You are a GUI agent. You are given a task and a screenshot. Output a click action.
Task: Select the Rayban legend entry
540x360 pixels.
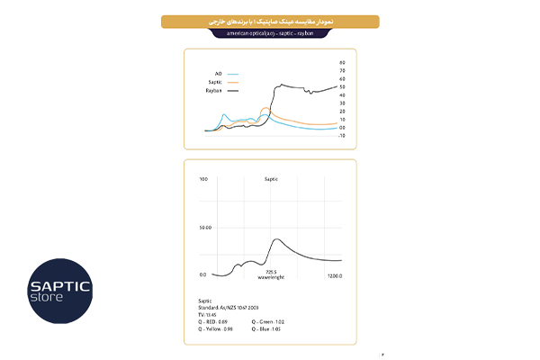coord(215,91)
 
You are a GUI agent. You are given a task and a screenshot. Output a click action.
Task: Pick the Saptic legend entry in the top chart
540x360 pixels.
coord(216,81)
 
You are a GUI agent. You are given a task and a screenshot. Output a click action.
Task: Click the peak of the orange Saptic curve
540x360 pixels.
coord(265,109)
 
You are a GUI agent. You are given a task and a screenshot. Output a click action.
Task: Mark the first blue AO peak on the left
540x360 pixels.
coord(224,114)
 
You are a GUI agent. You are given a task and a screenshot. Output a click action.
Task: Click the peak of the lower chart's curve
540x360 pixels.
coord(276,239)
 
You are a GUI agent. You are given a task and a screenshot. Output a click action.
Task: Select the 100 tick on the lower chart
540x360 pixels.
coord(203,179)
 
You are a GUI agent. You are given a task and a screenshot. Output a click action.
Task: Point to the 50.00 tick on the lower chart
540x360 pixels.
coord(204,228)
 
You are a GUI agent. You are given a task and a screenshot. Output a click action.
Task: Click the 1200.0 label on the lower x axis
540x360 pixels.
coord(333,274)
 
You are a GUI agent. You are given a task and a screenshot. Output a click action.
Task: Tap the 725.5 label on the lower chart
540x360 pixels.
coord(270,270)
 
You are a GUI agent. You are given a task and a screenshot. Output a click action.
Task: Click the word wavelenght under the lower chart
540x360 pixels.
coord(270,277)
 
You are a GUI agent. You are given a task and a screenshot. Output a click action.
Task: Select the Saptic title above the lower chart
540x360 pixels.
coord(270,179)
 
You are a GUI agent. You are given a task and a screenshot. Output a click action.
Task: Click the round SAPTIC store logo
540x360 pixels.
coord(59,291)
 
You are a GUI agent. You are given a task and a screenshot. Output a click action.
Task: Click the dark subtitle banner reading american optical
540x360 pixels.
coord(270,32)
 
